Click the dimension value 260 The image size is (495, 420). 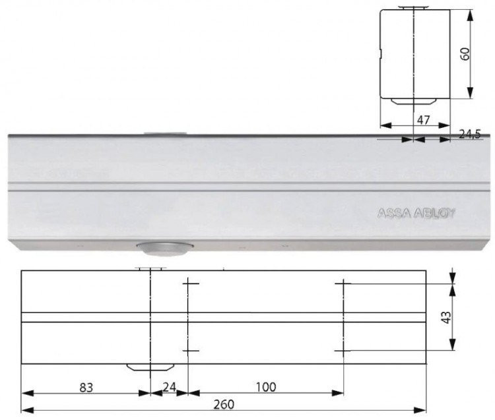(x=224, y=404)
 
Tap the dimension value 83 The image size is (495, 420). (x=86, y=388)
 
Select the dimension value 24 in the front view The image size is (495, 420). (x=169, y=387)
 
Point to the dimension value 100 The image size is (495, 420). (x=266, y=387)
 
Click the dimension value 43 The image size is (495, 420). (x=447, y=317)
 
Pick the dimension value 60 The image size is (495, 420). (x=465, y=54)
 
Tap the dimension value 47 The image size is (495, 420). (x=424, y=120)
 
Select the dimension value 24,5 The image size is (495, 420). (x=469, y=135)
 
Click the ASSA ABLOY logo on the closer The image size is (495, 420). (x=416, y=214)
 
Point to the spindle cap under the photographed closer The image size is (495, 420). (x=164, y=248)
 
